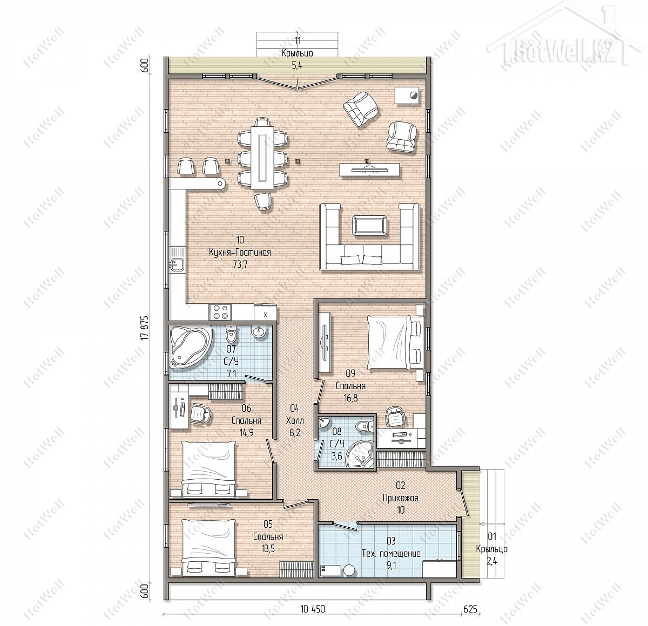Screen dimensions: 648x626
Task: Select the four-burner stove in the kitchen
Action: point(220,312)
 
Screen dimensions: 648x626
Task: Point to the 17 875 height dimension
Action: point(144,327)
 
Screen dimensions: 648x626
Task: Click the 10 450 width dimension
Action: point(313,609)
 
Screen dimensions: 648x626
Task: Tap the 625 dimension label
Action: point(470,609)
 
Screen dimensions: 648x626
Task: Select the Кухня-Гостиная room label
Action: point(240,253)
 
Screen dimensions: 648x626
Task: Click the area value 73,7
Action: point(240,264)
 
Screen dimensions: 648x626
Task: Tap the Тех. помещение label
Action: point(391,554)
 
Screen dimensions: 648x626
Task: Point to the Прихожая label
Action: point(401,498)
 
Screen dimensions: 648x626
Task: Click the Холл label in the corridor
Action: point(295,420)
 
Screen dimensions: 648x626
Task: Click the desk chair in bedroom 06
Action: point(200,414)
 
